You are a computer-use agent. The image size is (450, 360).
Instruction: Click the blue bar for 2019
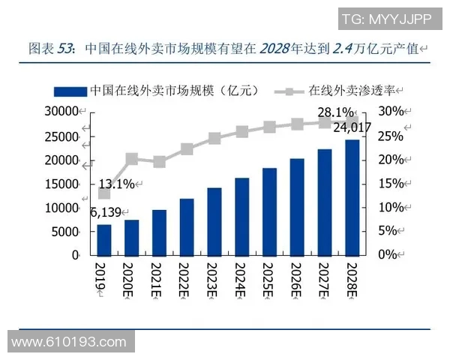pyautogui.click(x=104, y=240)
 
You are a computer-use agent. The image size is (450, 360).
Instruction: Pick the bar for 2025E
pyautogui.click(x=269, y=211)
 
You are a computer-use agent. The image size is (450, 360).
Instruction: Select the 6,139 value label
pyautogui.click(x=106, y=212)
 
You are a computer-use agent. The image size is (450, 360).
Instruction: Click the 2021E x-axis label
pyautogui.click(x=159, y=279)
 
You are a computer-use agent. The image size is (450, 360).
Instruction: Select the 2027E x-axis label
pyautogui.click(x=324, y=279)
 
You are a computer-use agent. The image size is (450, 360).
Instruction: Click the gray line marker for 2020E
pyautogui.click(x=132, y=159)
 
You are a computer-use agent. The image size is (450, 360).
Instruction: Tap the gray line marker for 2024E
pyautogui.click(x=241, y=132)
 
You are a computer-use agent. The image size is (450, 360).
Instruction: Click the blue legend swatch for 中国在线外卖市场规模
pyautogui.click(x=70, y=91)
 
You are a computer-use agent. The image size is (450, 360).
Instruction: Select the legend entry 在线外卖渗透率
pyautogui.click(x=352, y=91)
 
